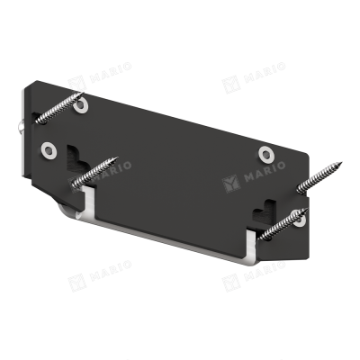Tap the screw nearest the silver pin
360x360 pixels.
58,108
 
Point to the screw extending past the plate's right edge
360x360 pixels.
319,178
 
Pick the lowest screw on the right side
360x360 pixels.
283,224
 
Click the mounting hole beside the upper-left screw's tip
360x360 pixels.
81,106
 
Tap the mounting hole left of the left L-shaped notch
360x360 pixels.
49,150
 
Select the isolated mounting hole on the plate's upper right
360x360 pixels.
265,154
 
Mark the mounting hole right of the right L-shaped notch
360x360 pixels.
300,220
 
